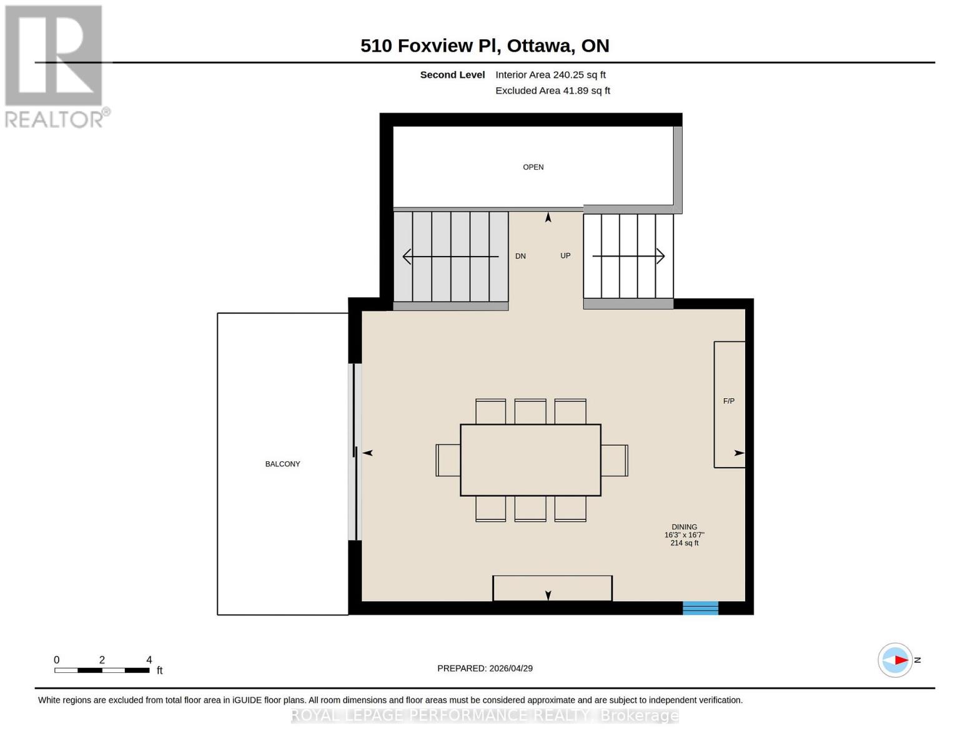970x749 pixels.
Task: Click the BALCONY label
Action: [282, 464]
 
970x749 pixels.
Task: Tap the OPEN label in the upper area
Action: [533, 167]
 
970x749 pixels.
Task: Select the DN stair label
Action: [520, 256]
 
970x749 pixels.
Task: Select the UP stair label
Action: [565, 255]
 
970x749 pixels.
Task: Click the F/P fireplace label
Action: [728, 401]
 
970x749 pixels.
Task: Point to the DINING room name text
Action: [684, 527]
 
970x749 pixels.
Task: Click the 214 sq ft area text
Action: [684, 543]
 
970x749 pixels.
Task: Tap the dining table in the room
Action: [530, 460]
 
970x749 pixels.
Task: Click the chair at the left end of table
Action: [447, 460]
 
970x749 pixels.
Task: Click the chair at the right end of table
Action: [615, 460]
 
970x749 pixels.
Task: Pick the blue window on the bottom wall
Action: [700, 608]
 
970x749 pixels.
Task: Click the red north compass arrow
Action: [899, 660]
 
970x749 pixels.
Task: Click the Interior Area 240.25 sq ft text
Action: [550, 74]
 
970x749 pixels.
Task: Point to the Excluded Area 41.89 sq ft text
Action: [552, 91]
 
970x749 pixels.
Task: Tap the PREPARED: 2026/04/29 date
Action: [485, 668]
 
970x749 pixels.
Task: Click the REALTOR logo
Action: [55, 66]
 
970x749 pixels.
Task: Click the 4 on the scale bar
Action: [149, 659]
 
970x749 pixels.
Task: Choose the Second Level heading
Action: [452, 74]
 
